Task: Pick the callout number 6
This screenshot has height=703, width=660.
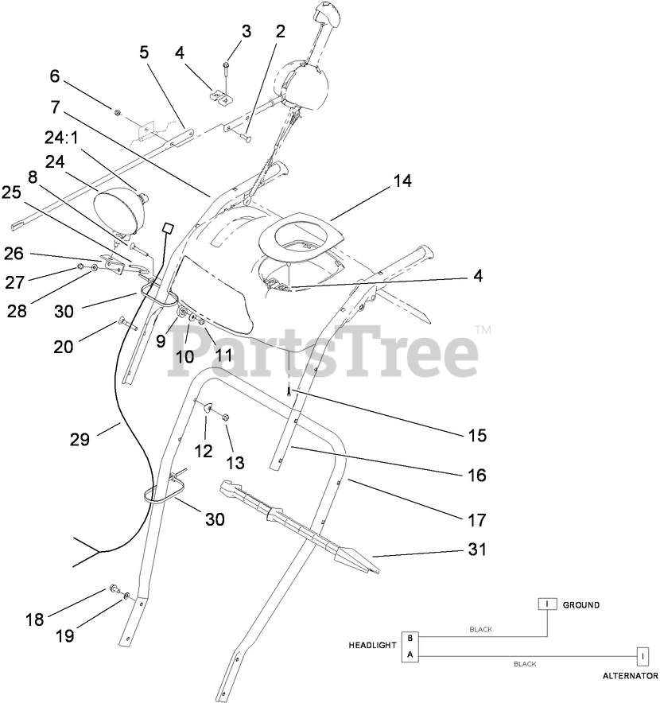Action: point(55,76)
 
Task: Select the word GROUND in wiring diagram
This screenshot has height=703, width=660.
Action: point(580,605)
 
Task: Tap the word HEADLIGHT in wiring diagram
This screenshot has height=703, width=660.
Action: point(372,645)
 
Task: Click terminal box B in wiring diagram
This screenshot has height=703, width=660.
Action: point(410,638)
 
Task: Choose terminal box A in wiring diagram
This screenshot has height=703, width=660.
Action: point(410,654)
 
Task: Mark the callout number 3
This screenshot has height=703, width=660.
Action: point(247,32)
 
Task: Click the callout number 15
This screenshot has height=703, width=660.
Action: point(476,436)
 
